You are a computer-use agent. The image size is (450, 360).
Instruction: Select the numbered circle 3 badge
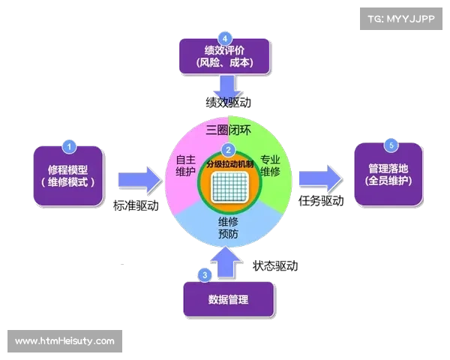click(x=205, y=275)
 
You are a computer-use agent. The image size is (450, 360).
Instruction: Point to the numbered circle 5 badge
click(x=389, y=145)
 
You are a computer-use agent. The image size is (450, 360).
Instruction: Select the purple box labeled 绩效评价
click(x=224, y=57)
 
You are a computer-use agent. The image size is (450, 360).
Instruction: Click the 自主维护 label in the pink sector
click(x=185, y=166)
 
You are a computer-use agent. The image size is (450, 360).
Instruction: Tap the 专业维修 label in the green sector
click(x=270, y=166)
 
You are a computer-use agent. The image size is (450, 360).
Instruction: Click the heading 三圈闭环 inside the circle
click(x=228, y=130)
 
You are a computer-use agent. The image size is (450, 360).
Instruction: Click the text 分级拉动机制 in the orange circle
click(x=229, y=163)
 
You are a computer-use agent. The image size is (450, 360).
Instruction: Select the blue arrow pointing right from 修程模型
click(x=138, y=179)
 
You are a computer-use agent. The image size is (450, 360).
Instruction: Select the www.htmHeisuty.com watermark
click(x=65, y=341)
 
